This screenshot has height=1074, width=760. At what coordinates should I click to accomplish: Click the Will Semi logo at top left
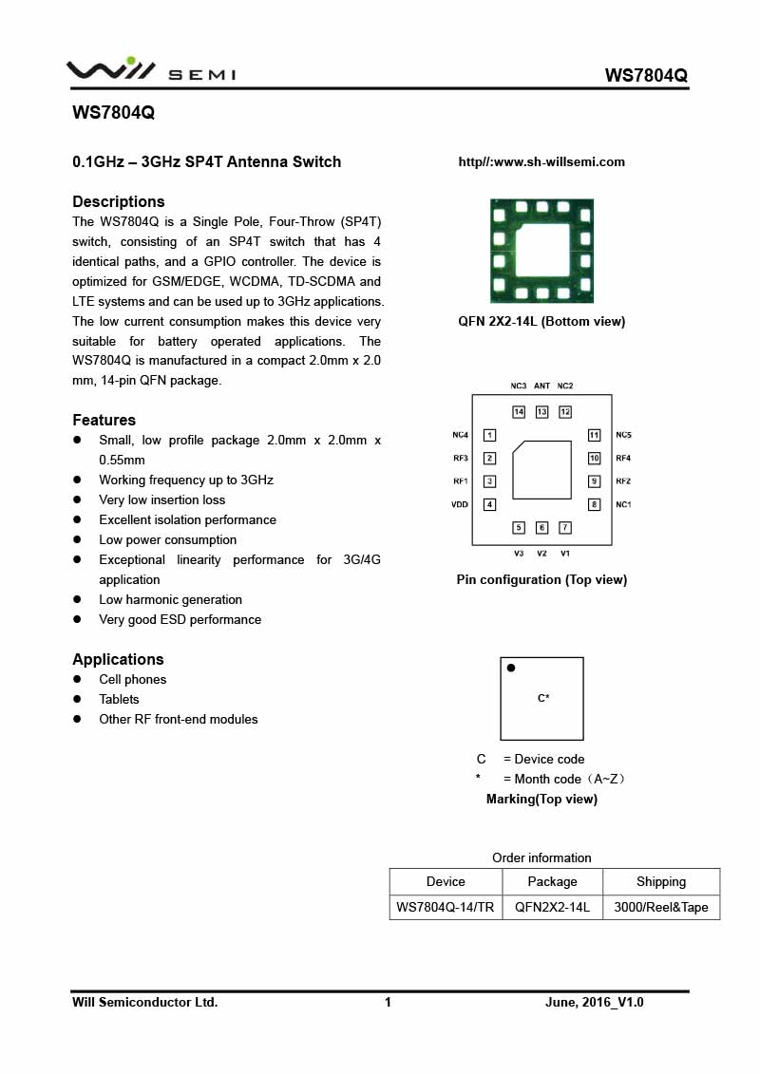coord(150,69)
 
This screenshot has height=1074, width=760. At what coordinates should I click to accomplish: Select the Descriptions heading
coord(119,201)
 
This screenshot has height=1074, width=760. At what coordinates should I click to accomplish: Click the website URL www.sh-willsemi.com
coord(541,162)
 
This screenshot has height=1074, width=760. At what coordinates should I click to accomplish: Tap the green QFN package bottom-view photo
coord(541,251)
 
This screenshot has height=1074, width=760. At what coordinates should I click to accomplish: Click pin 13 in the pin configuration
coord(541,412)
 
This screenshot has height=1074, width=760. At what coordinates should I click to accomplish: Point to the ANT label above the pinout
coord(541,386)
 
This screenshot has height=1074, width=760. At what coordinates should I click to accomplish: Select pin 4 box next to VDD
coord(490,504)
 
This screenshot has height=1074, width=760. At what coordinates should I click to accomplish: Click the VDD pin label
coord(460,504)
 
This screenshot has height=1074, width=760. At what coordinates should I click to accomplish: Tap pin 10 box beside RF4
coord(594,459)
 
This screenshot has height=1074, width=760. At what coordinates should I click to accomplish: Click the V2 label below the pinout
coord(541,554)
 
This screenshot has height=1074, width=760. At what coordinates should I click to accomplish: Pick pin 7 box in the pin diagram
coord(564,527)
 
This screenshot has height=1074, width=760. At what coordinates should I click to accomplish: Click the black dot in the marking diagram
coord(511,669)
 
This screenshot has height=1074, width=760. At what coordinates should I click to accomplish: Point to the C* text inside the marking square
coord(543,698)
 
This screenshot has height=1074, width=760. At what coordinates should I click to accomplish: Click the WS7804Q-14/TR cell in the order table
coord(446,907)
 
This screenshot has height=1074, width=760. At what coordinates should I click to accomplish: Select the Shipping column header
coord(661,881)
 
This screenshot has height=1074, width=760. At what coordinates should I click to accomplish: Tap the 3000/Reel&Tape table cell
coord(661,907)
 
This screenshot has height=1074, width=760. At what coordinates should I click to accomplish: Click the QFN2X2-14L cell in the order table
coord(552,907)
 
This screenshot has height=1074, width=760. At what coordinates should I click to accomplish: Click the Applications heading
coord(118,659)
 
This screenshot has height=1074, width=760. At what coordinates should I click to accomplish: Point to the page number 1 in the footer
coord(388,1002)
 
